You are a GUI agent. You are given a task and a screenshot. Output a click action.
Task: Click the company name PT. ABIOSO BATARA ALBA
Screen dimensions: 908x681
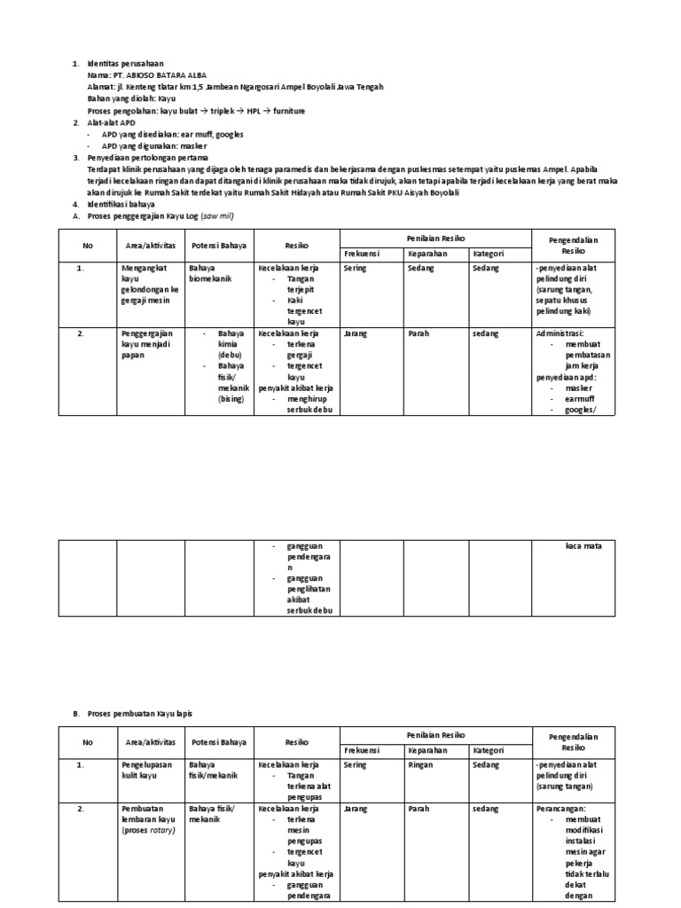click(143, 76)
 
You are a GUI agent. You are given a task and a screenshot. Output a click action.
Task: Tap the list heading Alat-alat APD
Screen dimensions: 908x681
click(113, 122)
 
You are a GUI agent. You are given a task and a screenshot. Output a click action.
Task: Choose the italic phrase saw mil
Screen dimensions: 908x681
click(219, 215)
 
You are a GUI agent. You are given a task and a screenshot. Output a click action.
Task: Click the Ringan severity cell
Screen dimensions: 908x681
click(422, 763)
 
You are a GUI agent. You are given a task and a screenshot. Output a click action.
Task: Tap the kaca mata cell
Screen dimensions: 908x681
click(583, 545)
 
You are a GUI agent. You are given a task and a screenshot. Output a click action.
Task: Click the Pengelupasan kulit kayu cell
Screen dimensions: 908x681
click(147, 768)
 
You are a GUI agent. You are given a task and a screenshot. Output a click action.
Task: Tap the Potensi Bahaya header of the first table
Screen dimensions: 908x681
click(219, 244)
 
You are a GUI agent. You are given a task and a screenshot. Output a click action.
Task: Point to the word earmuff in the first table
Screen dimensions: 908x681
click(581, 398)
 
